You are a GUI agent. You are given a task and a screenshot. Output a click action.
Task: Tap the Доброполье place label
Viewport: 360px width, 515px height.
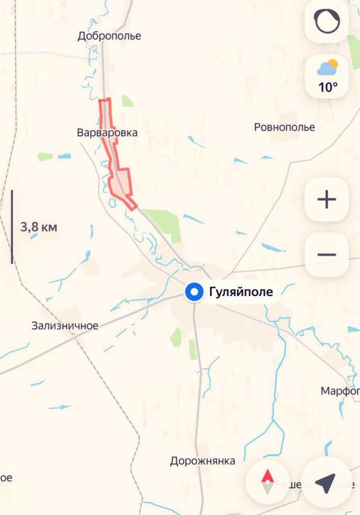coord(109,36)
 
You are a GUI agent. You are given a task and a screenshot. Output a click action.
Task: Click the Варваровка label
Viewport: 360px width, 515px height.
coord(107,133)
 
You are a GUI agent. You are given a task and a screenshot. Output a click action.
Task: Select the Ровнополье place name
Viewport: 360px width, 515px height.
coord(285,127)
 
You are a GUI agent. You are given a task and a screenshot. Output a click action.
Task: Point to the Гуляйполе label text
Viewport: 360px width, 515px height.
coord(241,292)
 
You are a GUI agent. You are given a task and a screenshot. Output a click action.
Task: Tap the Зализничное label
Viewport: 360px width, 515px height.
coord(65,326)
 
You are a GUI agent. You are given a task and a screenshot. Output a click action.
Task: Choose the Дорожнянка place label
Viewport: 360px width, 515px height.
coord(202,461)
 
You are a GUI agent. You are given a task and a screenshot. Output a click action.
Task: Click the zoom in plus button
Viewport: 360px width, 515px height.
coord(327,200)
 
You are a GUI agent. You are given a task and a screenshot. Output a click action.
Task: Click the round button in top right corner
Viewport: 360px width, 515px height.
coord(327,22)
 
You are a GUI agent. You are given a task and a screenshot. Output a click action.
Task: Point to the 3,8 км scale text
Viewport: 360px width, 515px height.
coord(39,227)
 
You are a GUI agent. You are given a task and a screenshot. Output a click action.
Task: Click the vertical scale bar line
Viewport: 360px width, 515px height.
coord(12,227)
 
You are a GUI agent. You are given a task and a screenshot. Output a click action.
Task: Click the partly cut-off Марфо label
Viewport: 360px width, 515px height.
coord(340,391)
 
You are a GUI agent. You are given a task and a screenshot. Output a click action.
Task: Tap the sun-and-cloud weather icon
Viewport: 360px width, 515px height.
coord(327,66)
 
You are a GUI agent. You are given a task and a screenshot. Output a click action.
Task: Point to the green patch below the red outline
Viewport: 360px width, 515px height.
coord(162,221)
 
